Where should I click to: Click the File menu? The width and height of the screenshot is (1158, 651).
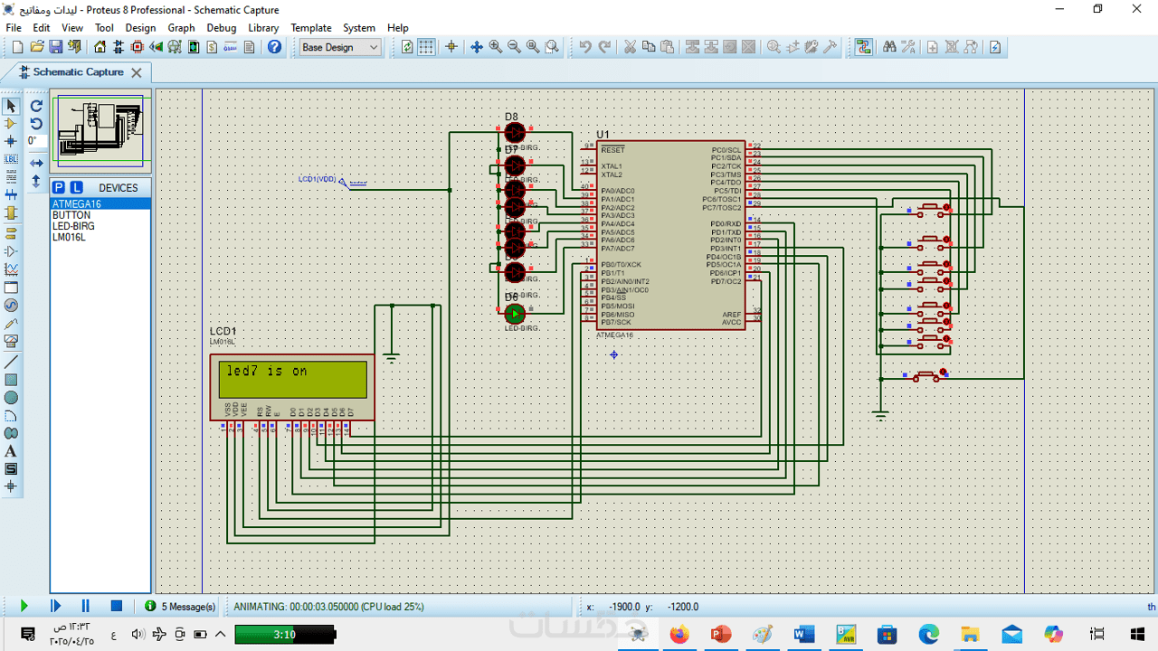14,28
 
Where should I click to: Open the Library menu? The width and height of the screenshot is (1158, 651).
263,28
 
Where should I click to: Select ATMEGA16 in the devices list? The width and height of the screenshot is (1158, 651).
77,204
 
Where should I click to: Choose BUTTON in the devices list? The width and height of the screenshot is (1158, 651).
71,215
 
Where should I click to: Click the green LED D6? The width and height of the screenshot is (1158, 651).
515,314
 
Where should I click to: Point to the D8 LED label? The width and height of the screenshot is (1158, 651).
511,117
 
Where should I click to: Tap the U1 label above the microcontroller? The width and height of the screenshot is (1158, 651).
603,135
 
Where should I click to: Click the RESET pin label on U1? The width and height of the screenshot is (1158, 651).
612,150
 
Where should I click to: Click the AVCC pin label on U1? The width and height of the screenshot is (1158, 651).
731,322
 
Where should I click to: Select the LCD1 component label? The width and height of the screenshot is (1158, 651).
223,332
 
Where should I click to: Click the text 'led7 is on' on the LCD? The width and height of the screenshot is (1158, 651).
267,372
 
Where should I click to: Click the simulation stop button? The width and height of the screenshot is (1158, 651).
117,606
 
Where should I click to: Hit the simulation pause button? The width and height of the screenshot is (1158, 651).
86,606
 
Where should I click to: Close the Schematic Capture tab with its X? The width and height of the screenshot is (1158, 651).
137,72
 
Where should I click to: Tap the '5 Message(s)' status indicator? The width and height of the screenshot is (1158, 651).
181,607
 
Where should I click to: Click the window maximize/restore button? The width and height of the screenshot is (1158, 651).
1097,9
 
